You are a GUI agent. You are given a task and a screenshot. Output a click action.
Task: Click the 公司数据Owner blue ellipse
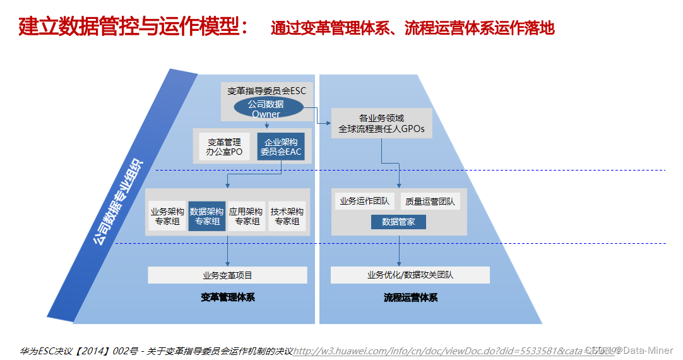(266, 109)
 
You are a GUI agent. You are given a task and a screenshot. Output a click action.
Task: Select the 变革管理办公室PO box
(224, 147)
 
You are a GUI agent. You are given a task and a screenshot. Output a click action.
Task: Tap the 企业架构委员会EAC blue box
(281, 147)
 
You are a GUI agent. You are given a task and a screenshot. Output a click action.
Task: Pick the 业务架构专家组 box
(167, 216)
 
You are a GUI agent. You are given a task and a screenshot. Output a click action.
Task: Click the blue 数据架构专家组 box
(207, 216)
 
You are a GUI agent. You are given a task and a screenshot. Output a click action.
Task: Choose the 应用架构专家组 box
(246, 216)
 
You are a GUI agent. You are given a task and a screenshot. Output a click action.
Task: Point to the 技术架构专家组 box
(287, 216)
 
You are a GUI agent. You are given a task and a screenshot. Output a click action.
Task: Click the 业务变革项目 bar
(227, 275)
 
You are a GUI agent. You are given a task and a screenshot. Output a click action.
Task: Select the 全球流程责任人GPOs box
(382, 123)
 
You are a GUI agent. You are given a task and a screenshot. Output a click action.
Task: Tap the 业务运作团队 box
(364, 201)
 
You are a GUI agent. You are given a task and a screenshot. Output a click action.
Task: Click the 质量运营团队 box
(430, 201)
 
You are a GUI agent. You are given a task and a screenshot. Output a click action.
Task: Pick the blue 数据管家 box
(398, 222)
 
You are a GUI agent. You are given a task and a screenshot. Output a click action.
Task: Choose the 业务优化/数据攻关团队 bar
(410, 275)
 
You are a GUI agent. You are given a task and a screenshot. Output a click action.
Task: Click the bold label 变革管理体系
(228, 297)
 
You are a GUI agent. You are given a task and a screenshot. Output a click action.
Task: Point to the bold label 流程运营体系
(410, 297)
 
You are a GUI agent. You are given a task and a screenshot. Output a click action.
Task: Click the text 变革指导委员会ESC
(266, 91)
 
